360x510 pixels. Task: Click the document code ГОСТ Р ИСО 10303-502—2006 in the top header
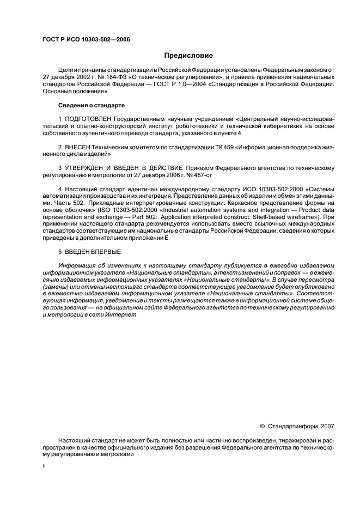[x=87, y=40]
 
